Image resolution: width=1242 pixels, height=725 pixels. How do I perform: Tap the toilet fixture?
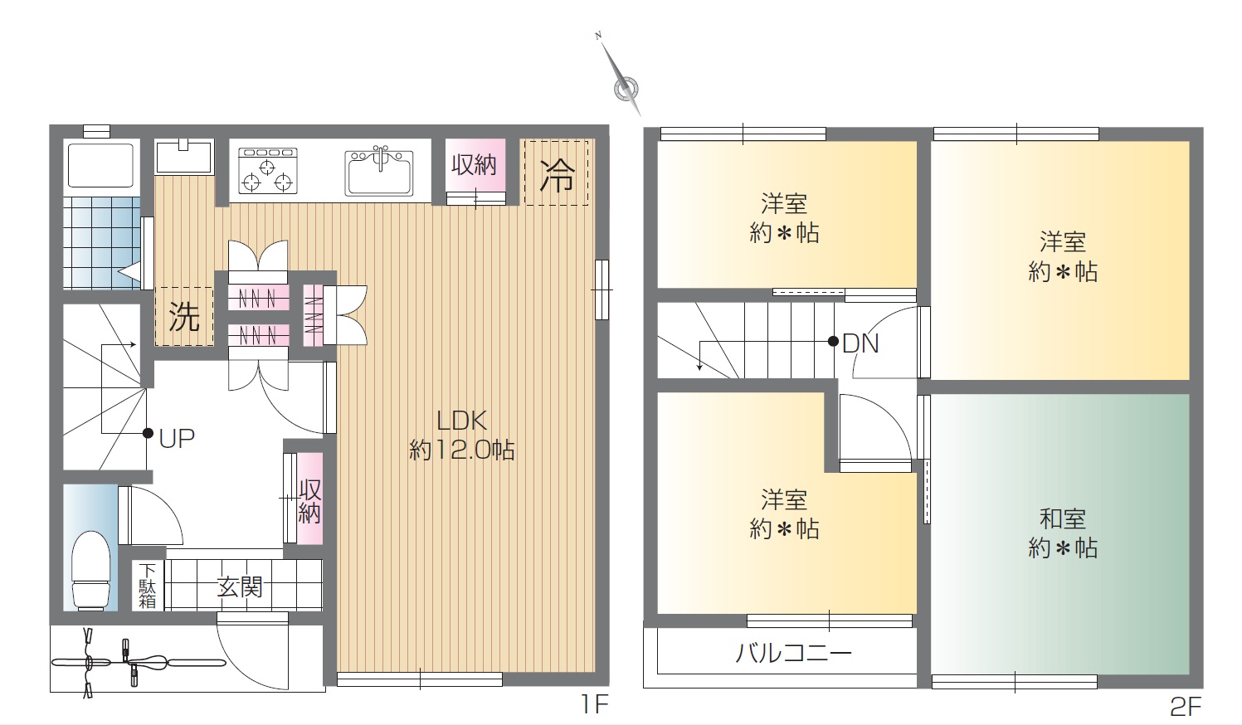pyautogui.click(x=91, y=571)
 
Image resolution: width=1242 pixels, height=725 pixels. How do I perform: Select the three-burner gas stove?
pyautogui.click(x=268, y=171)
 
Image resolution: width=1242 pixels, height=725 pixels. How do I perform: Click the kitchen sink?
pyautogui.click(x=379, y=171)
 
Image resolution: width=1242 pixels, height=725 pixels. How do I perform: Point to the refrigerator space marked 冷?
pyautogui.click(x=557, y=173)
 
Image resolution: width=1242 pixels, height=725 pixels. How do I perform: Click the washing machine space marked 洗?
pyautogui.click(x=184, y=317)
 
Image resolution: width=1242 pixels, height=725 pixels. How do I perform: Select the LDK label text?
pyautogui.click(x=462, y=421)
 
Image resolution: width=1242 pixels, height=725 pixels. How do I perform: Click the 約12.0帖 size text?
pyautogui.click(x=462, y=450)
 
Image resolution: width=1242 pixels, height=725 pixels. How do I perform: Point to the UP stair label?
pyautogui.click(x=177, y=439)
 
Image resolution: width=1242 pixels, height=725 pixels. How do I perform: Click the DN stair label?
pyautogui.click(x=860, y=343)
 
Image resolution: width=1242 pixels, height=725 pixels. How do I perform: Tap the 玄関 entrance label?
pyautogui.click(x=240, y=586)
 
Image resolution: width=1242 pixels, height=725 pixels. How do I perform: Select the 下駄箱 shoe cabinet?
pyautogui.click(x=148, y=586)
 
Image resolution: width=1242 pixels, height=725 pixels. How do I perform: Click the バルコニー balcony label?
pyautogui.click(x=793, y=654)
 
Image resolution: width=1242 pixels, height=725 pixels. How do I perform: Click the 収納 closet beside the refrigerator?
pyautogui.click(x=475, y=172)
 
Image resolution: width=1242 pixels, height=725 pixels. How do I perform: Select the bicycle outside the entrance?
pyautogui.click(x=138, y=662)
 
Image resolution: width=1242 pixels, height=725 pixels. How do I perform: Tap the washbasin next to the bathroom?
pyautogui.click(x=184, y=156)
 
